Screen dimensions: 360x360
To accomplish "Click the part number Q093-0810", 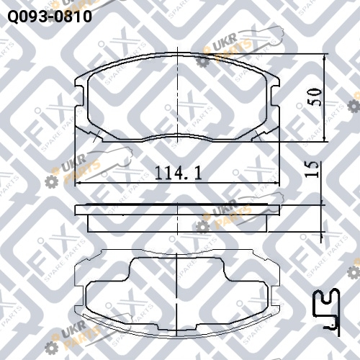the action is pyautogui.click(x=50, y=17).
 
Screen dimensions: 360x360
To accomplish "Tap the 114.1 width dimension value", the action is pyautogui.click(x=178, y=173).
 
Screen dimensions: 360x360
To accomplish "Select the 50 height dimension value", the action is pyautogui.click(x=315, y=97).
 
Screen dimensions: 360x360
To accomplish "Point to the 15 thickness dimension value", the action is pyautogui.click(x=312, y=169).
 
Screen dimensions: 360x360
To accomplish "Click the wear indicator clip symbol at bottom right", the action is pyautogui.click(x=328, y=312).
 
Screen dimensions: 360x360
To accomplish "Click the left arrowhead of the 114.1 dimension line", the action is pyautogui.click(x=78, y=184).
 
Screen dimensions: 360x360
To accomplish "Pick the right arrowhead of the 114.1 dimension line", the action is pyautogui.click(x=276, y=184).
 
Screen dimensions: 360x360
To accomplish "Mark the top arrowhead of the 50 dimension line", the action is pyautogui.click(x=325, y=57).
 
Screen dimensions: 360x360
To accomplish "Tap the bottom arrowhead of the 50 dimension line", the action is pyautogui.click(x=325, y=138).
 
